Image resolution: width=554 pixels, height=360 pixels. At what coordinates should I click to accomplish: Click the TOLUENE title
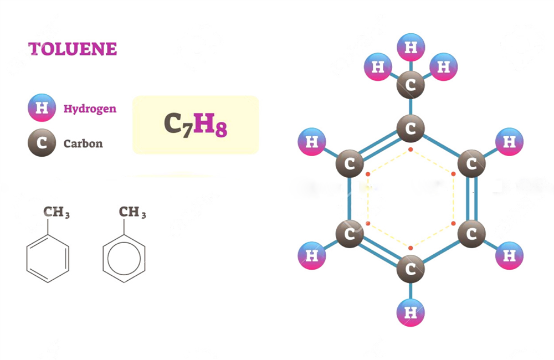point(73,49)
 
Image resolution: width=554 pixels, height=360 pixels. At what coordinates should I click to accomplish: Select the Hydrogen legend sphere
point(42,108)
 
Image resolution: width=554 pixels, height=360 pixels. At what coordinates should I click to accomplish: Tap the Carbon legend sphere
point(42,143)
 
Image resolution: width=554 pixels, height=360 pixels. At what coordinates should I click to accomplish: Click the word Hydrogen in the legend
point(90,109)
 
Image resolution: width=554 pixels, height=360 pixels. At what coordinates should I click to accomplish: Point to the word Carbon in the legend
point(83,144)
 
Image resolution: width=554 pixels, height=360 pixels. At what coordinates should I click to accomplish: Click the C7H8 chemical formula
point(196,125)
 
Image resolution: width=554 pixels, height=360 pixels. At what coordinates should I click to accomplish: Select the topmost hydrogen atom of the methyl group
point(411,48)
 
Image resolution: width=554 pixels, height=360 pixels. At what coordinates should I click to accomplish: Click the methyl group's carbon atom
point(411,85)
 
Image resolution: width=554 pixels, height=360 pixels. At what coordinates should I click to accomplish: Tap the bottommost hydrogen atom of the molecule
point(411,313)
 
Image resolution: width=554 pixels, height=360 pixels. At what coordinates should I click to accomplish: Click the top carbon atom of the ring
point(411,129)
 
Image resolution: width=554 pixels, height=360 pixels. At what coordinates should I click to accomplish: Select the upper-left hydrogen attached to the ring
point(312,142)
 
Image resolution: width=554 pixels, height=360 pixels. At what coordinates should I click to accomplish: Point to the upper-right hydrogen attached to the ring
point(509,142)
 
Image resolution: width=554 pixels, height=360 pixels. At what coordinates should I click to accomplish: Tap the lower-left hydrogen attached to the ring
point(312,256)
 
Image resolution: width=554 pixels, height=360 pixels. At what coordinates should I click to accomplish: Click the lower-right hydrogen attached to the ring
point(509,256)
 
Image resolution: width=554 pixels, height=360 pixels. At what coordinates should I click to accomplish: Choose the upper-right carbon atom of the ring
point(471,164)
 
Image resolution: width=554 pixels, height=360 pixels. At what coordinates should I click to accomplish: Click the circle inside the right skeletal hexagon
point(124,258)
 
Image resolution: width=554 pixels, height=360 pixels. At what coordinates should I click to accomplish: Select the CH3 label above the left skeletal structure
point(57,213)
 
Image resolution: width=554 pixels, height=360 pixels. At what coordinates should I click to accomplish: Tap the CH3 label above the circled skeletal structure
point(132,213)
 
